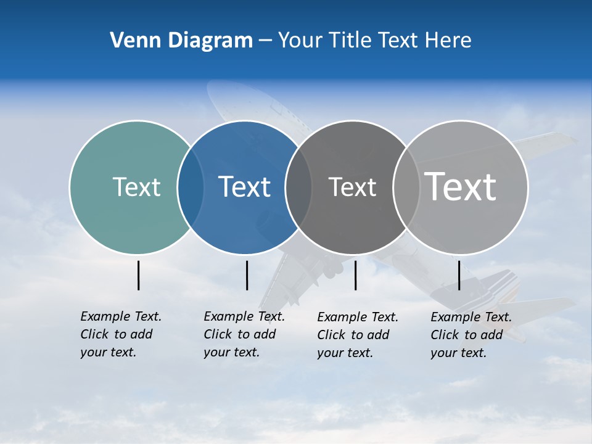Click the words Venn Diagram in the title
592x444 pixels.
point(181,41)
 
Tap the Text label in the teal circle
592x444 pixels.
point(136,187)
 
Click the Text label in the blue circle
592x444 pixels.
point(244,187)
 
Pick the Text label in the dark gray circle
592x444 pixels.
point(352,187)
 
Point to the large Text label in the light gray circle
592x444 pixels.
point(461,186)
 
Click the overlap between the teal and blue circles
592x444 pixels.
point(191,187)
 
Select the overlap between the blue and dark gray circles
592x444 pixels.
point(298,187)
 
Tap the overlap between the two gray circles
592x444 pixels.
point(406,187)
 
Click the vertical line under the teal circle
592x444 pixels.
point(138,275)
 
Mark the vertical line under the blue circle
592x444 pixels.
point(247,275)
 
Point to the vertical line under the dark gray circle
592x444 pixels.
point(355,275)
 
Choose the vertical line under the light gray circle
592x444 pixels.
point(459,275)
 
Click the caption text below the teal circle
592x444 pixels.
point(120,334)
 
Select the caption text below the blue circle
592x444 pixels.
point(244,334)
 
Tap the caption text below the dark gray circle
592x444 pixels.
point(357,335)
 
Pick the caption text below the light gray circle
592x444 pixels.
point(471,335)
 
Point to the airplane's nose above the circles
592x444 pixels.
point(216,92)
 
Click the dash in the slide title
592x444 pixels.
point(265,41)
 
